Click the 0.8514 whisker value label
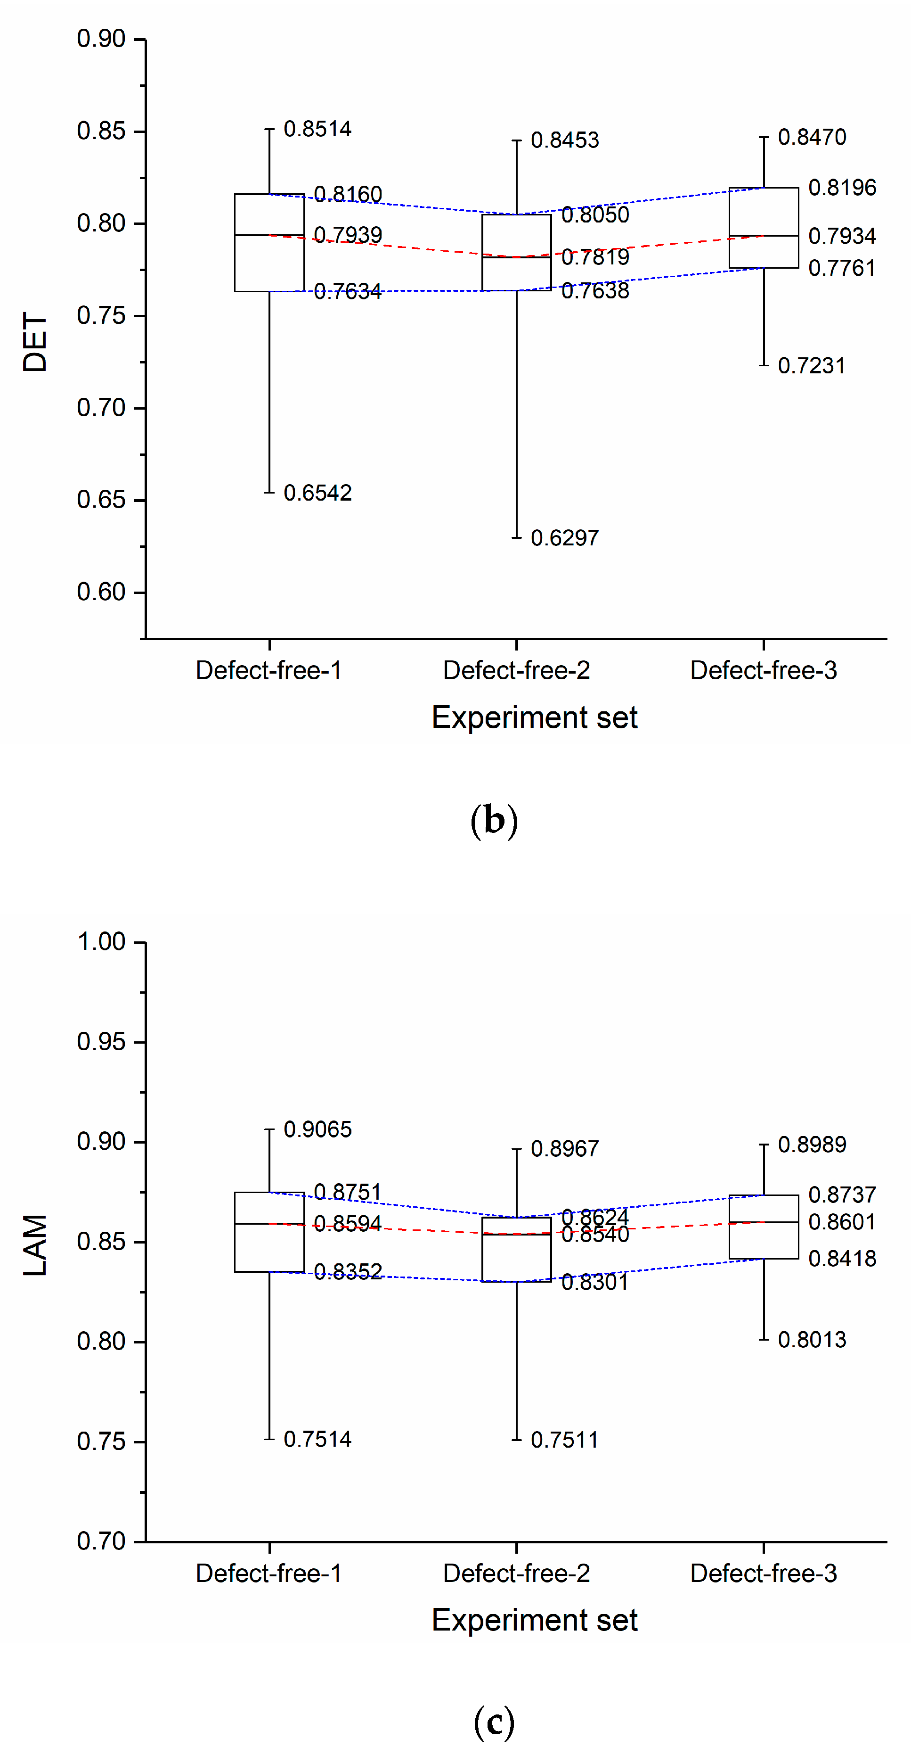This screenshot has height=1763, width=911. click(317, 129)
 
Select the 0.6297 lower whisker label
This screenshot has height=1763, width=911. click(564, 538)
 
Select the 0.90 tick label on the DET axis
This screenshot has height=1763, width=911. click(101, 39)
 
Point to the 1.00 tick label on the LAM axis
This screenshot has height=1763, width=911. click(101, 942)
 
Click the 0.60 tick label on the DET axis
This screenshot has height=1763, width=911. click(101, 592)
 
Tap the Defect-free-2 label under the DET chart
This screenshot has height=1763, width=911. click(516, 670)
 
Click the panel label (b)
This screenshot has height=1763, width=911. click(494, 820)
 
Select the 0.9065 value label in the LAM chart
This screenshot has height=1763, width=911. click(317, 1129)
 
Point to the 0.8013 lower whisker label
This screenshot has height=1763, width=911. click(812, 1339)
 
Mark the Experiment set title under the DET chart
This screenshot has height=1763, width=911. click(534, 717)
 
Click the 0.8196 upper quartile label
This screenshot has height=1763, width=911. click(842, 188)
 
